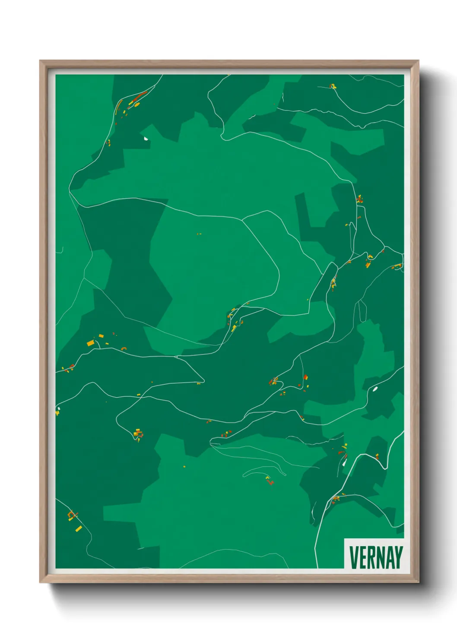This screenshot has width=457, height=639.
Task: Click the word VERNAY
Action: [x=376, y=557]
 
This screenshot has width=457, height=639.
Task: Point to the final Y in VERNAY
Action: [x=399, y=557]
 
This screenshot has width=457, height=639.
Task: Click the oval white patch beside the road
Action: [x=375, y=389]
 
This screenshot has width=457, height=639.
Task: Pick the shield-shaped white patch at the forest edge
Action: [x=146, y=139]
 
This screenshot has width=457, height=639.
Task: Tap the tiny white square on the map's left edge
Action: [x=58, y=408]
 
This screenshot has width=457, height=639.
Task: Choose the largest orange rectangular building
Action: [x=90, y=343]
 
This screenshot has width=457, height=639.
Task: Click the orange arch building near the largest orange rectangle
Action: [x=124, y=348]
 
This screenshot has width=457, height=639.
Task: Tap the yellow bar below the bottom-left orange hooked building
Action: [x=79, y=528]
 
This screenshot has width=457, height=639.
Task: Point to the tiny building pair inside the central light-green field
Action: [x=199, y=234]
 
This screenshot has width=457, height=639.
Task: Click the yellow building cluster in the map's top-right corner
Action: [x=333, y=86]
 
